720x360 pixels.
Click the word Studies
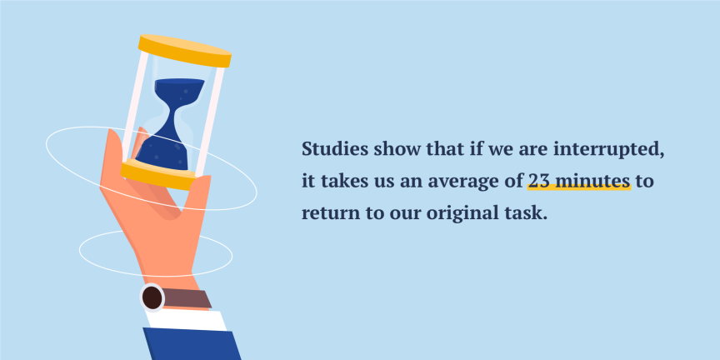pyautogui.click(x=330, y=150)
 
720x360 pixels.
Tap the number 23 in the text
pyautogui.click(x=537, y=181)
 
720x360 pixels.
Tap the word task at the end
pyautogui.click(x=530, y=212)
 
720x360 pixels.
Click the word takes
pyautogui.click(x=340, y=181)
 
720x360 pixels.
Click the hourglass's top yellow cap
pyautogui.click(x=184, y=51)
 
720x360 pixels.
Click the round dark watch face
pyautogui.click(x=152, y=297)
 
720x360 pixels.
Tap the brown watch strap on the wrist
pyautogui.click(x=187, y=298)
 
